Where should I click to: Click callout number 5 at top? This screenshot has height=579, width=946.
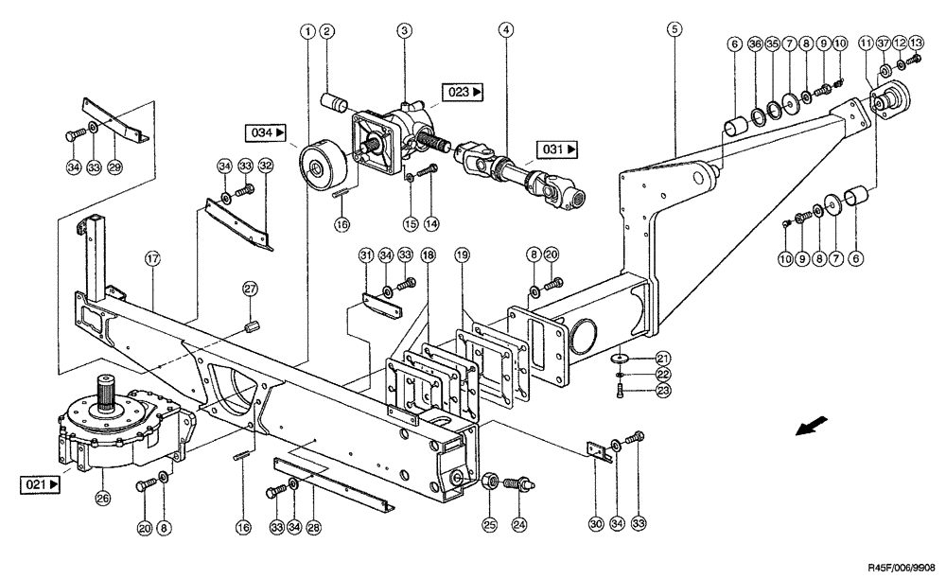pyautogui.click(x=674, y=30)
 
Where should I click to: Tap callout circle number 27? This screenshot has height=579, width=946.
pyautogui.click(x=250, y=289)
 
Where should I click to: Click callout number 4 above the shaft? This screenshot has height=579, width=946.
pyautogui.click(x=507, y=31)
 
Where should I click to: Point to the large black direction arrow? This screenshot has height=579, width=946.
pyautogui.click(x=809, y=428)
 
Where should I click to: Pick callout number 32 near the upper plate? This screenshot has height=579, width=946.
pyautogui.click(x=266, y=166)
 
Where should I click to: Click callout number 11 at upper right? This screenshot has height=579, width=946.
pyautogui.click(x=866, y=44)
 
